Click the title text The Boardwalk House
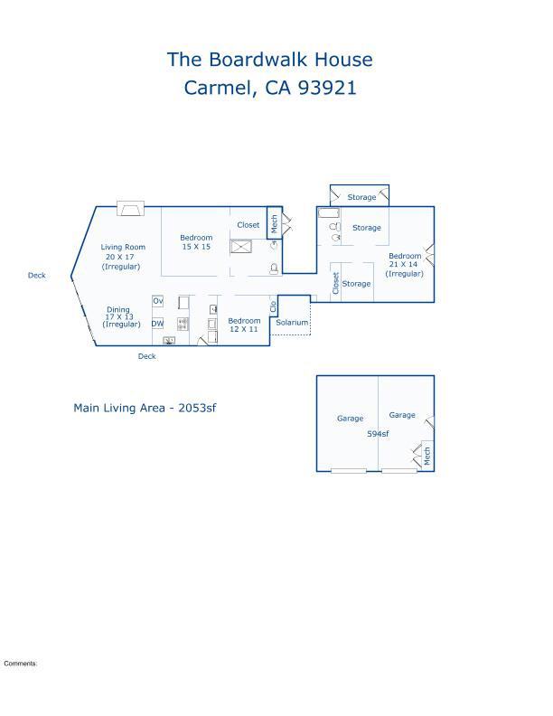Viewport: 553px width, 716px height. (x=269, y=60)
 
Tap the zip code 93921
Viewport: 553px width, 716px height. (x=327, y=88)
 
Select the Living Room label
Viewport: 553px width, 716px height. (x=123, y=247)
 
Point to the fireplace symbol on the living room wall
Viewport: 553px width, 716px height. (x=130, y=208)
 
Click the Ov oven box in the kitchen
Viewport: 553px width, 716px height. (x=157, y=301)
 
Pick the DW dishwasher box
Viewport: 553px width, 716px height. (x=157, y=324)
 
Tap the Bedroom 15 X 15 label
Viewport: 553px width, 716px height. (x=196, y=242)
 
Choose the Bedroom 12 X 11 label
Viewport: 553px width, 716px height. (x=244, y=325)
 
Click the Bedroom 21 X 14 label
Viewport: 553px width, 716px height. (x=404, y=264)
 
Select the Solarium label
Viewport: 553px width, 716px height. (x=292, y=323)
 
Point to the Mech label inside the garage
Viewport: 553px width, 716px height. (x=427, y=456)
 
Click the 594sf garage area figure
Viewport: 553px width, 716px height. (x=378, y=434)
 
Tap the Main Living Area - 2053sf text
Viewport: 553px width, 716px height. (x=145, y=408)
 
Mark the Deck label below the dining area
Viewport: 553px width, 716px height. (x=147, y=356)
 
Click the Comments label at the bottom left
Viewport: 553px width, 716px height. (x=21, y=664)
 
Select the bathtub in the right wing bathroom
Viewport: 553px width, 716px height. (x=329, y=213)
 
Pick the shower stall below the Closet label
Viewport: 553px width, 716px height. (x=240, y=247)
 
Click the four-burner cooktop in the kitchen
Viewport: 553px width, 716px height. (x=183, y=324)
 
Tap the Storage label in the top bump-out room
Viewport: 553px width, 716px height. (x=361, y=197)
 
